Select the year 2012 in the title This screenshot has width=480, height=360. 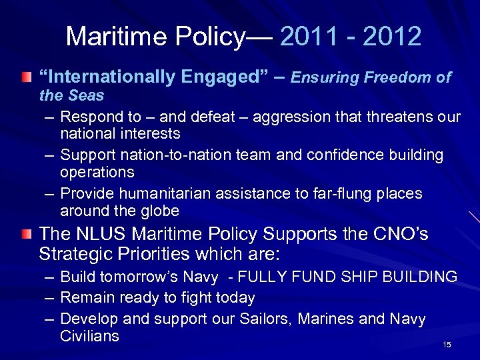(394, 37)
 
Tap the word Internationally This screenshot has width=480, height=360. (110, 77)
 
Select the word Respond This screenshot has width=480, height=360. (88, 117)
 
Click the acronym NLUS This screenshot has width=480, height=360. (95, 234)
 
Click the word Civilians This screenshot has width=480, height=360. (90, 335)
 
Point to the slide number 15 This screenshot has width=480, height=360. (447, 344)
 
